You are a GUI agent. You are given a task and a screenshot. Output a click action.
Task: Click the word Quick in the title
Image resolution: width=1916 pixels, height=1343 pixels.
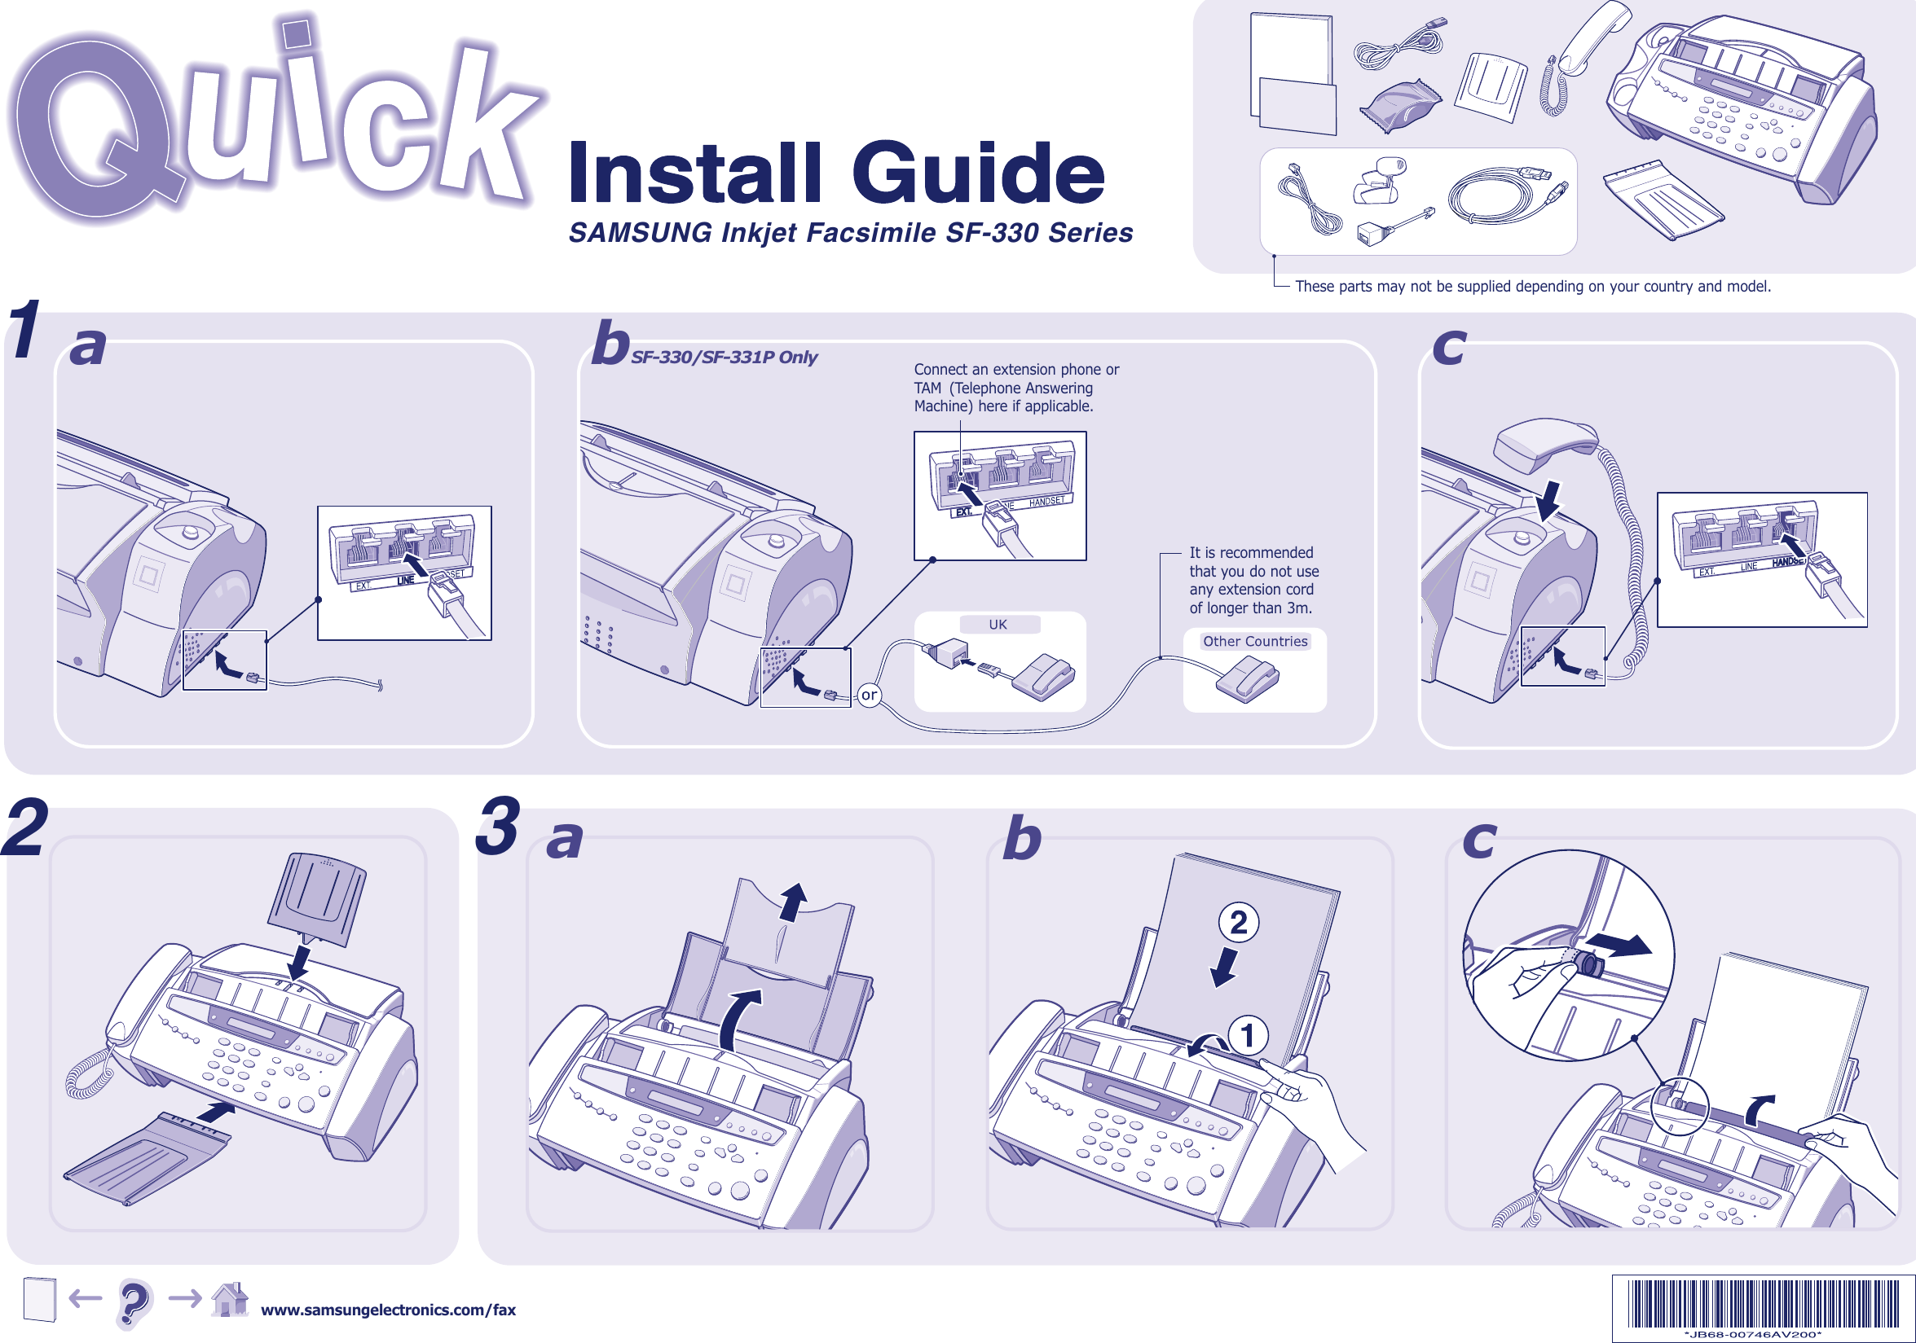(275, 125)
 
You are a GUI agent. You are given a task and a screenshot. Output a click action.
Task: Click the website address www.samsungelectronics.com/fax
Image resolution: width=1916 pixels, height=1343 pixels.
(388, 1310)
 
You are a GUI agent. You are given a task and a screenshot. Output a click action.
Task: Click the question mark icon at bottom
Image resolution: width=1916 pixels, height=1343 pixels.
(134, 1302)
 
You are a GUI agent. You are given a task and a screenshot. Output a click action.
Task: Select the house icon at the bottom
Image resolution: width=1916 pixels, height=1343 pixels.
(231, 1300)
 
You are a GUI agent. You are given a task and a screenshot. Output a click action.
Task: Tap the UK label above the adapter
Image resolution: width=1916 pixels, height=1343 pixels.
(998, 625)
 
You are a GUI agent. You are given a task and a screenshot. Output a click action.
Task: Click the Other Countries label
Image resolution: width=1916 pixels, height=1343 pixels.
(1254, 642)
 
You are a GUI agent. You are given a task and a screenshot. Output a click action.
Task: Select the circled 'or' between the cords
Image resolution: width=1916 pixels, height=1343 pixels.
(869, 695)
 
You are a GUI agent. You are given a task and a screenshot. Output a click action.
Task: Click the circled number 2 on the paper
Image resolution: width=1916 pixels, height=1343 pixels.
(1239, 923)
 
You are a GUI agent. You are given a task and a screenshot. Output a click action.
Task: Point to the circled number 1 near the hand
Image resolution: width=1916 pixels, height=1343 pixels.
(1248, 1036)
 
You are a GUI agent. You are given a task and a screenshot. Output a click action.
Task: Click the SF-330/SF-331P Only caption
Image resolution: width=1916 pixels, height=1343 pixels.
(724, 357)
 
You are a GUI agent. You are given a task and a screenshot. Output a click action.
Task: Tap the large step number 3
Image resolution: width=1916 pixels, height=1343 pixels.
(499, 828)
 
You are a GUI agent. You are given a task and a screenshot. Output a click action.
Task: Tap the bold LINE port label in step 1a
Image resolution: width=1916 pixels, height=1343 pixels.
(406, 580)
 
